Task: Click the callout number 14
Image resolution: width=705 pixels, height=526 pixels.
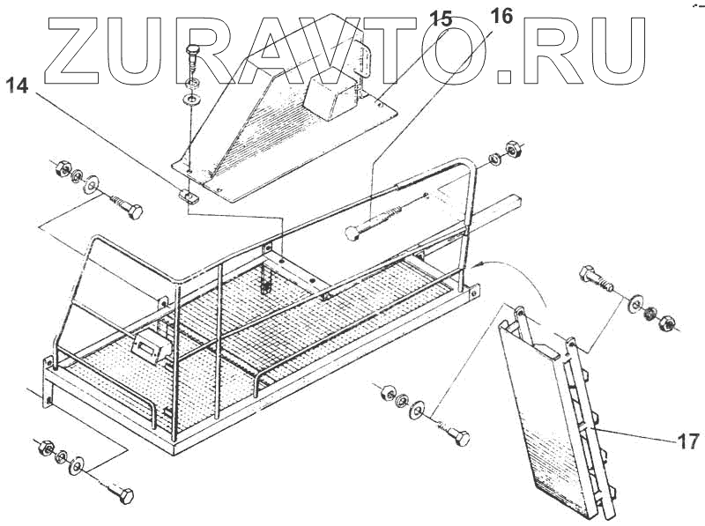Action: tap(19, 85)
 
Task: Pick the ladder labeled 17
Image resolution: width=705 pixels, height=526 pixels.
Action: tap(555, 414)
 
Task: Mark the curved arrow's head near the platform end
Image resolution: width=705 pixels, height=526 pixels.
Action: tap(479, 263)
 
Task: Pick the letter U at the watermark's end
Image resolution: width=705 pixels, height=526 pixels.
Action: tap(627, 48)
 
